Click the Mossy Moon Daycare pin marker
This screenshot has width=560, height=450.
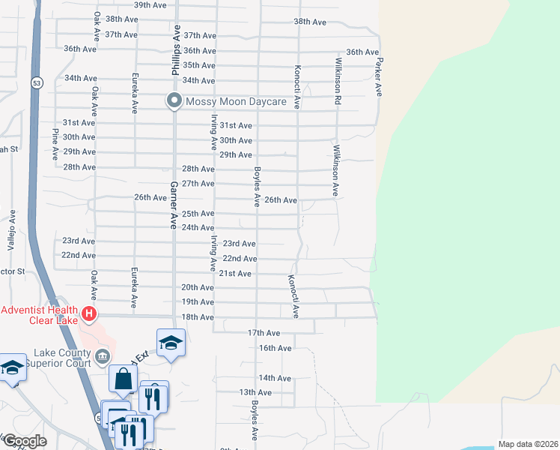click(x=174, y=100)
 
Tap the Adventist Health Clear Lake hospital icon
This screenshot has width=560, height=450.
click(x=90, y=313)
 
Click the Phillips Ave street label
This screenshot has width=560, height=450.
click(x=177, y=52)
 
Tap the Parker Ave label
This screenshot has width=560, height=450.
click(x=380, y=77)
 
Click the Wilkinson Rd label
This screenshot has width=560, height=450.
click(x=338, y=80)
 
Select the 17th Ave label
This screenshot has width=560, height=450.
click(x=264, y=332)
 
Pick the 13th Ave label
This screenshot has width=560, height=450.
click(x=255, y=392)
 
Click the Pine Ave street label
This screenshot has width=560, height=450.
click(x=55, y=145)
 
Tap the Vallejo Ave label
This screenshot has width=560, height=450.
click(x=12, y=229)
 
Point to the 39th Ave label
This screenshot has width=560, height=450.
click(x=150, y=4)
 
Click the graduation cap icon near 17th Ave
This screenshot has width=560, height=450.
click(x=171, y=343)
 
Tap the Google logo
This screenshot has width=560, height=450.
click(x=24, y=441)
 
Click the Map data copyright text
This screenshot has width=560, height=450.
click(x=528, y=444)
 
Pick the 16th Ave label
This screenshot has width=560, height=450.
click(x=275, y=348)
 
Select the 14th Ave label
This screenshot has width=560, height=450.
click(x=274, y=378)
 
